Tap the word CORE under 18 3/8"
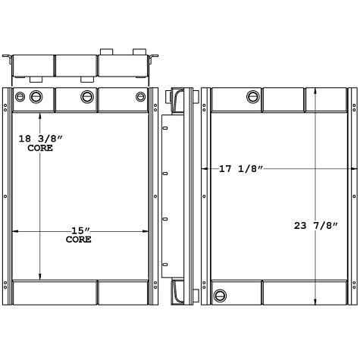pos(39,149)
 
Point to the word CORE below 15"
pos(78,239)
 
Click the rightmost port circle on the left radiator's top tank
pos(140,96)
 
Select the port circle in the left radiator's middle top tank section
pos(86,97)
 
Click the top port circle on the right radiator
pos(252,96)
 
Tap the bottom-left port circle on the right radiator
pos(220,295)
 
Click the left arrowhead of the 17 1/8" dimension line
pos(202,168)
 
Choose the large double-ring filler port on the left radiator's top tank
pos(36,96)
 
